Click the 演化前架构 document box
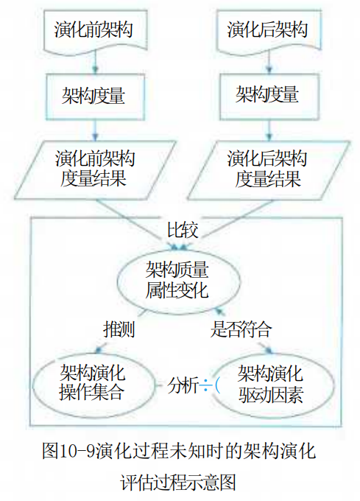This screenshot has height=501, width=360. [95, 29]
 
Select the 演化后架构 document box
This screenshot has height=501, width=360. [269, 29]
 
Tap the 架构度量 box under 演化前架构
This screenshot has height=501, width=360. [95, 97]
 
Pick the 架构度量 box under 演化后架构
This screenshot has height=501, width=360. [269, 97]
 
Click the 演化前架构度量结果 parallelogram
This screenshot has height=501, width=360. [95, 170]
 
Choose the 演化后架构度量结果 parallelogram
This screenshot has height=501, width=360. [269, 170]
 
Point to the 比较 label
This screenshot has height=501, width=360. [183, 229]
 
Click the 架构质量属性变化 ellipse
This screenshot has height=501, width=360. [178, 280]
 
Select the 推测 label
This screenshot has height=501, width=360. [119, 329]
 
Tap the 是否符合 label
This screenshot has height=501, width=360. [241, 329]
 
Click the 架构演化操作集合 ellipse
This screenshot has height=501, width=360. [93, 384]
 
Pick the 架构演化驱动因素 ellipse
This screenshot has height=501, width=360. [271, 384]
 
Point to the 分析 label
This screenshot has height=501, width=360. [183, 385]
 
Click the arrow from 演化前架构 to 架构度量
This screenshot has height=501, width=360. [95, 63]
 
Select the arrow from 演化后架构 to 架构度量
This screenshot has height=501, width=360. [269, 63]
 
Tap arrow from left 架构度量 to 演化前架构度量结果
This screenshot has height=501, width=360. [95, 130]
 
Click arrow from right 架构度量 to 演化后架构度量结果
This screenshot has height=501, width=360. [269, 130]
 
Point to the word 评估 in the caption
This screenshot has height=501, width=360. [137, 482]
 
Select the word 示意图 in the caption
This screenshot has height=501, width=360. [211, 482]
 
